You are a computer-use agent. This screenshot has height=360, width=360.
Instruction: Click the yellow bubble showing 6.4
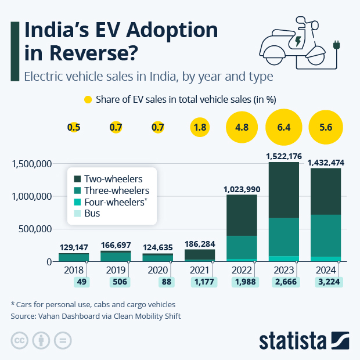284,127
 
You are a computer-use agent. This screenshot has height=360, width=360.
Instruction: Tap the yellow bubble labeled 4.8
242,127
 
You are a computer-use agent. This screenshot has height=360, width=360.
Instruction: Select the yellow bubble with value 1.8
200,127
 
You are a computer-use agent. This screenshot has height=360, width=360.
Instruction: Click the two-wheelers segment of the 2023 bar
284,190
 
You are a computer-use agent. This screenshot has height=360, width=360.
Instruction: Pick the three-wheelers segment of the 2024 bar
326,236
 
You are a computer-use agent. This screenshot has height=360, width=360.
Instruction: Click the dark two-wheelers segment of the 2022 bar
242,215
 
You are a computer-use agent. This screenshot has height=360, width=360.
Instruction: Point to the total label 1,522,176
284,156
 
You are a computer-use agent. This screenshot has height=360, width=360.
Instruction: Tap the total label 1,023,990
242,189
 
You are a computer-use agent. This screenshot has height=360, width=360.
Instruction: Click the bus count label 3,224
329,282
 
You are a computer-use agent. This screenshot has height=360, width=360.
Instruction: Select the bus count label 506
120,282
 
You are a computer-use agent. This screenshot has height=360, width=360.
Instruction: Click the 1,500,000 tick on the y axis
32,164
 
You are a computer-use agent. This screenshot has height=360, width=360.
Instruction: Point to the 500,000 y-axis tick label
35,229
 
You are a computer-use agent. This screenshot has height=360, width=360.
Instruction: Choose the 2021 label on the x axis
199,270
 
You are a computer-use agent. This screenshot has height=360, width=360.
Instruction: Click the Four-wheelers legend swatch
77,202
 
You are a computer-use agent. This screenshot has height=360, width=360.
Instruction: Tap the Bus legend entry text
92,213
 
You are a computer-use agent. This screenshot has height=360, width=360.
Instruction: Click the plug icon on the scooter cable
336,45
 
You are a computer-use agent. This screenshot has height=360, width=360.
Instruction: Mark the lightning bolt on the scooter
298,41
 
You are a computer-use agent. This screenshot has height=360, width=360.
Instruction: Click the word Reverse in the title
91,53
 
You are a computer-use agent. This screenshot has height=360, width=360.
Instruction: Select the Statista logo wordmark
293,341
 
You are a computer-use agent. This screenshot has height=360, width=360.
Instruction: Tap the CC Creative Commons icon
20,340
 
